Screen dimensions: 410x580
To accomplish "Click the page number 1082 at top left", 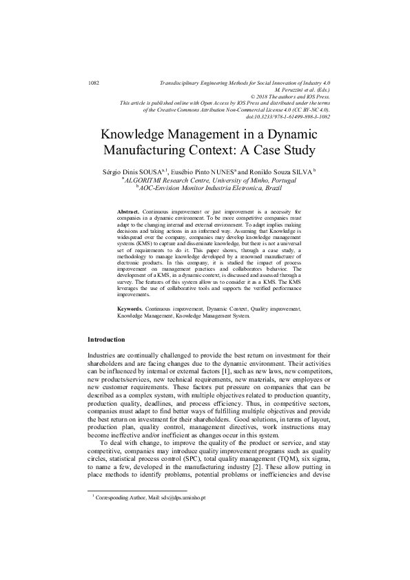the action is pos(95,83).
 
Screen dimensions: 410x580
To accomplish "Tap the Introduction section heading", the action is pos(106,340).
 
